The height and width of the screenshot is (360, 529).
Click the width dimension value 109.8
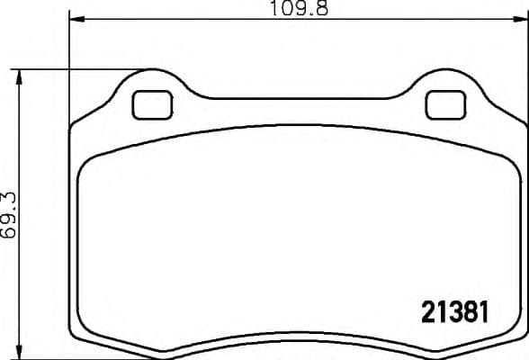point(295,10)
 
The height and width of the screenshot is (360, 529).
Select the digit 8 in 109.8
point(318,10)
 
